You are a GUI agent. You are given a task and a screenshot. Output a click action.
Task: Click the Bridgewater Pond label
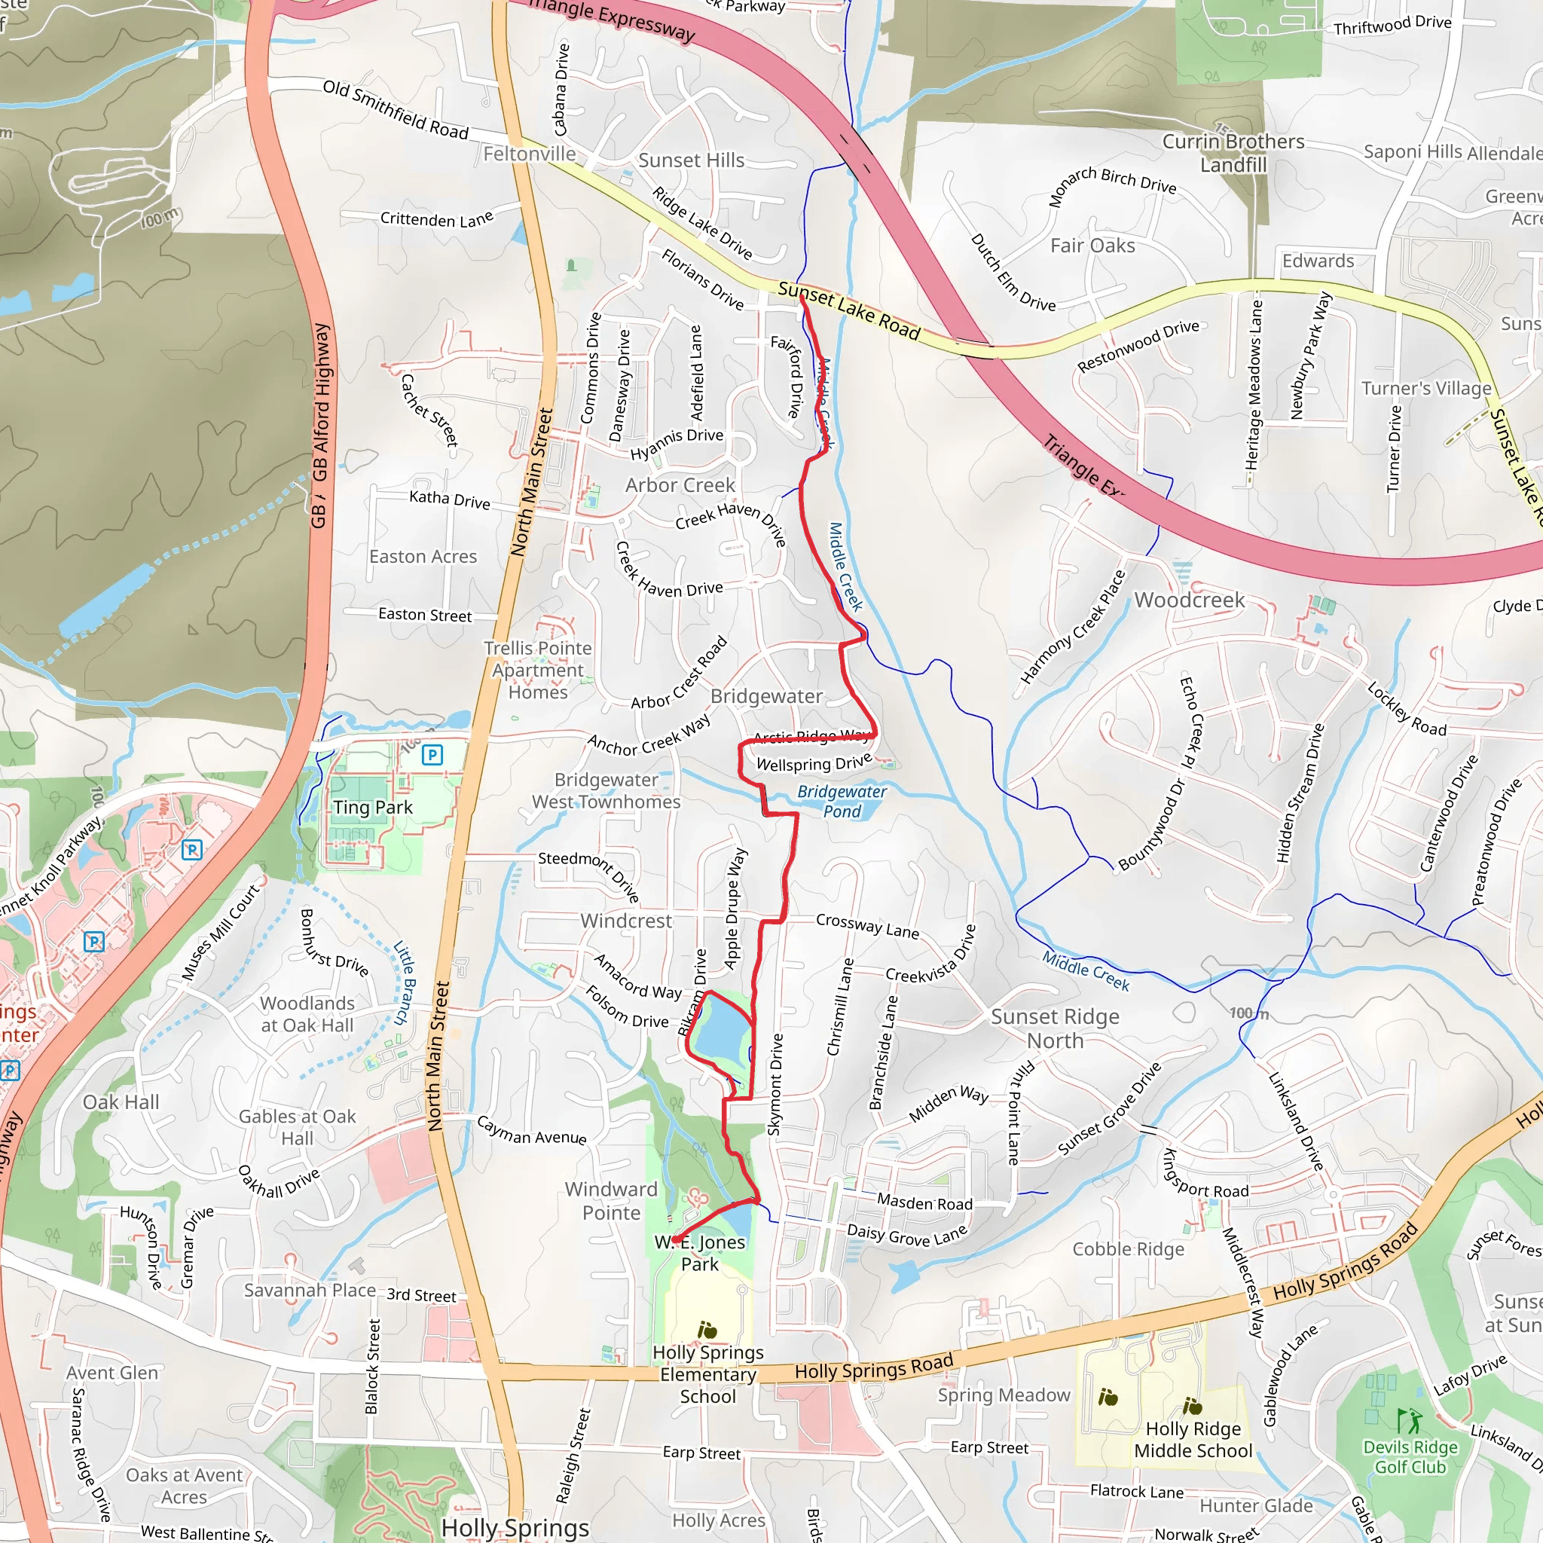pyautogui.click(x=842, y=801)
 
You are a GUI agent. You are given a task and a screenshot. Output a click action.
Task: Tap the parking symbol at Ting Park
pyautogui.click(x=432, y=754)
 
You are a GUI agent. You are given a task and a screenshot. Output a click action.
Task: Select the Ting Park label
pyautogui.click(x=373, y=808)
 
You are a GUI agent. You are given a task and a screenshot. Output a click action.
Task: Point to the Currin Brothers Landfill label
pyautogui.click(x=1233, y=152)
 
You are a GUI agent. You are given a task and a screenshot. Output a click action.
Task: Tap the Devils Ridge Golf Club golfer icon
pyautogui.click(x=1410, y=1421)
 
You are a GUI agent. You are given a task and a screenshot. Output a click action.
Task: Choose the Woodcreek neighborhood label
pyautogui.click(x=1189, y=600)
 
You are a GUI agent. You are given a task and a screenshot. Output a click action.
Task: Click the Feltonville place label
pyautogui.click(x=530, y=154)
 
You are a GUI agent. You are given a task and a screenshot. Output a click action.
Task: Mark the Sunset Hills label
pyautogui.click(x=691, y=160)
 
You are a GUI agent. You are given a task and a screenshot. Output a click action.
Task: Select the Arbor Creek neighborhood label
pyautogui.click(x=680, y=484)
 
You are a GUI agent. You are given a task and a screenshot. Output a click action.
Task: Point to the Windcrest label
pyautogui.click(x=626, y=921)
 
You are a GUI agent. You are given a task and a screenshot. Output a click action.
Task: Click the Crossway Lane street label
pyautogui.click(x=867, y=926)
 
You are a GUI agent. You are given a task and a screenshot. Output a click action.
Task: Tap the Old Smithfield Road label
pyautogui.click(x=396, y=109)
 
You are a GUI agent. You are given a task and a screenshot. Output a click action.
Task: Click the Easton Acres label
pyautogui.click(x=423, y=557)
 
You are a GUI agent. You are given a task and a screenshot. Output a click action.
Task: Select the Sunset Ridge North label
pyautogui.click(x=1055, y=1028)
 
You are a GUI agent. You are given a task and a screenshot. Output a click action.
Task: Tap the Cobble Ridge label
pyautogui.click(x=1129, y=1249)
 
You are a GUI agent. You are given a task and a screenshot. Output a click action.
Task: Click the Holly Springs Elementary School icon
pyautogui.click(x=707, y=1330)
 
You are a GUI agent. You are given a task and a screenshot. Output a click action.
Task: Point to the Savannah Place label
pyautogui.click(x=310, y=1291)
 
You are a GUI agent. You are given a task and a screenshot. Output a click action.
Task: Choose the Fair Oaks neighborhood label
pyautogui.click(x=1092, y=246)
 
